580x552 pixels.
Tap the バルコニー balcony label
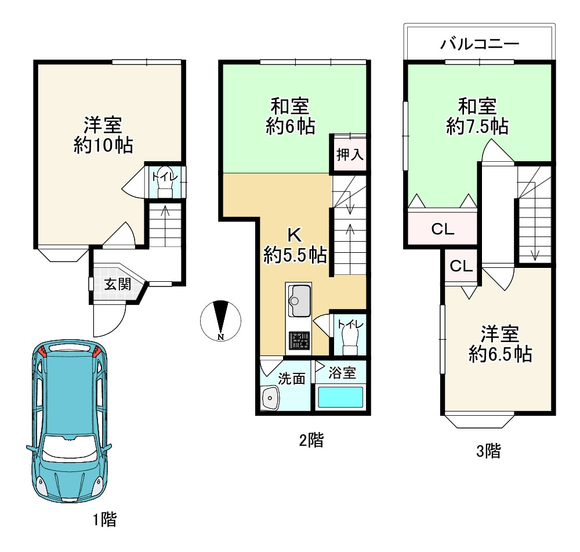[479, 43]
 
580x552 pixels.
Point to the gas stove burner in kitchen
[299, 340]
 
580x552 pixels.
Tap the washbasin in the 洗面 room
[270, 398]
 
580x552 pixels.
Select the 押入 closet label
[350, 155]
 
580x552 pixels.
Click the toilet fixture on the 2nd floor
[350, 342]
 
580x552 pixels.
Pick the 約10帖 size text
[103, 146]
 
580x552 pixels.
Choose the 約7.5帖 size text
[477, 126]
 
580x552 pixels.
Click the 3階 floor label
[488, 451]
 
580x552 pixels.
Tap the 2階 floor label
[311, 441]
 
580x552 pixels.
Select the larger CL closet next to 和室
[443, 229]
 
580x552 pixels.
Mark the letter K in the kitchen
[295, 235]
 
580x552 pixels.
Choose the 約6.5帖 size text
[500, 354]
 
